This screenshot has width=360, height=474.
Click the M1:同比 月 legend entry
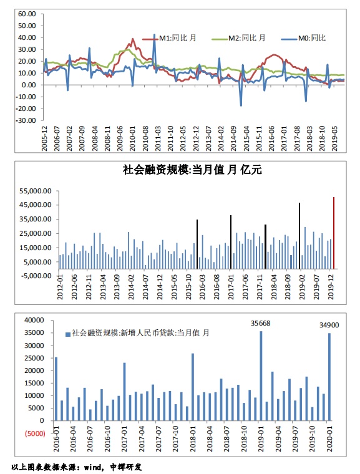pos(170,38)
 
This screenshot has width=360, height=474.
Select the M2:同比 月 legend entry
pos(238,38)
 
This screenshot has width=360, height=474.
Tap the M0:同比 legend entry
pos(303,38)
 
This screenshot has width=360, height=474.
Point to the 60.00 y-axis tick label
pos(27,14)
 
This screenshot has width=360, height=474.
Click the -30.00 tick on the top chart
pos(26,120)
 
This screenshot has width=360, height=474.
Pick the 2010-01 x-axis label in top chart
pos(132,138)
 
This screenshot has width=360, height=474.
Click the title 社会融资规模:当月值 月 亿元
pos(192,170)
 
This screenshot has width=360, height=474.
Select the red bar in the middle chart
pos(334,233)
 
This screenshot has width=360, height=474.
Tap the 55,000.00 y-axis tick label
pos(36,191)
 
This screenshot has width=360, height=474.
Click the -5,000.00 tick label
pos(36,276)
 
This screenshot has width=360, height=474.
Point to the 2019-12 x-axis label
pos(331,287)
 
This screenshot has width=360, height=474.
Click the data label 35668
pos(260,324)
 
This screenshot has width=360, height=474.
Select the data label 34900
pos(329,326)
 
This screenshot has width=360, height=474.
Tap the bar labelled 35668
pos(261,375)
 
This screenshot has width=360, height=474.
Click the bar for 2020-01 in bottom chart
pos(329,377)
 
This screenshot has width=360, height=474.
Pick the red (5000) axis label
pos(35,433)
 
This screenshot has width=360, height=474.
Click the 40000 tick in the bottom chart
pos(34,320)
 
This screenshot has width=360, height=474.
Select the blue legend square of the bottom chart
pos(68,334)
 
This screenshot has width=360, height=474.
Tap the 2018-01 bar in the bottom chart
pos(193,387)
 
